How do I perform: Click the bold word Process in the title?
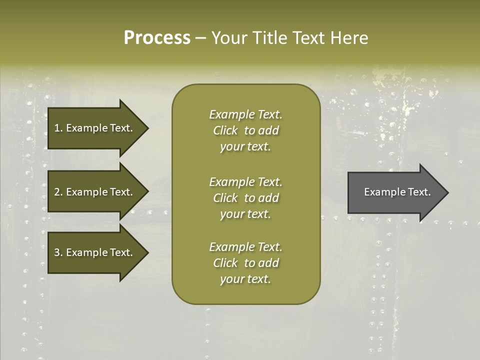click(157, 38)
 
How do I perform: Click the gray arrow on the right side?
click(395, 192)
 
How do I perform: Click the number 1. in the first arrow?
click(58, 128)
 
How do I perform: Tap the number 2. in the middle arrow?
click(58, 192)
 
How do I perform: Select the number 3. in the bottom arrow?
click(58, 252)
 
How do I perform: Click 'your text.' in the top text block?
click(245, 147)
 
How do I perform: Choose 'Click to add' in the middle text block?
click(245, 198)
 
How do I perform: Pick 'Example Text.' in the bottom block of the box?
click(245, 247)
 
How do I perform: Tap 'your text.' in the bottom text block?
click(245, 279)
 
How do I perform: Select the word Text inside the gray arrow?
click(419, 192)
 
